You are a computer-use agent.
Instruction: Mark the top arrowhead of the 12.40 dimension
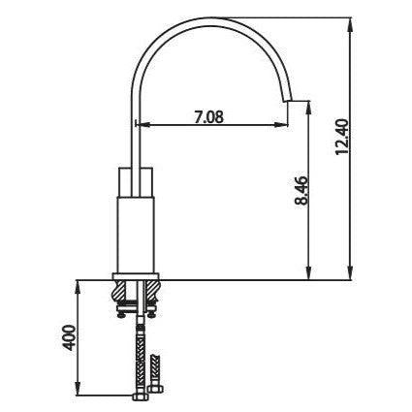(350, 21)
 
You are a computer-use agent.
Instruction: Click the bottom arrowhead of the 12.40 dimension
(350, 274)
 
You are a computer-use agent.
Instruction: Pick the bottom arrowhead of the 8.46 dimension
(309, 274)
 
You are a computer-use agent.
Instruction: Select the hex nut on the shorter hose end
(158, 367)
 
